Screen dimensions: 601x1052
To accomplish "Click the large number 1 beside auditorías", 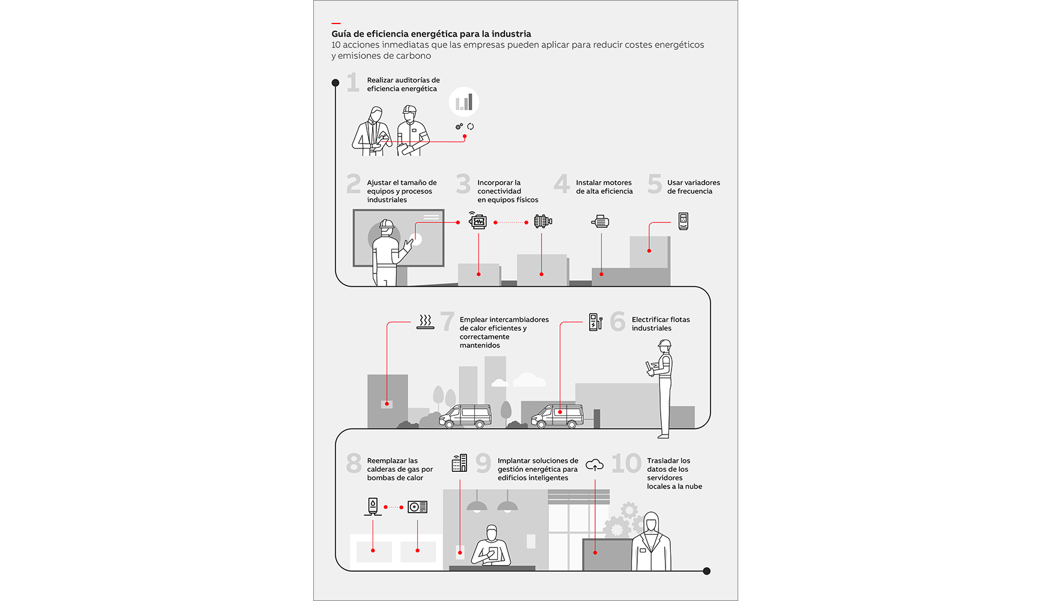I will coord(353,82).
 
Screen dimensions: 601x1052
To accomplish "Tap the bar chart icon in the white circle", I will coord(464,102).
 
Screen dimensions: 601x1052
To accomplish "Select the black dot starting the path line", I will coord(335,83).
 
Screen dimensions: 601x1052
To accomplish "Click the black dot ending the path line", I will coord(706,571).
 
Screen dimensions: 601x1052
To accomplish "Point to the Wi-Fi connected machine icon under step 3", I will coord(478,221).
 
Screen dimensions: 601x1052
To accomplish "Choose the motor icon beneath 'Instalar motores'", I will coord(601,222).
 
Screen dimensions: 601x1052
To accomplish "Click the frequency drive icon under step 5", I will coord(683,221).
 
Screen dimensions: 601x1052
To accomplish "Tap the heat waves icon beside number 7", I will coord(426,321).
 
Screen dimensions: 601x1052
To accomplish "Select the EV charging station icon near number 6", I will coord(595,322).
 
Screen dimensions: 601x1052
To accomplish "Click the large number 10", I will coord(626,463).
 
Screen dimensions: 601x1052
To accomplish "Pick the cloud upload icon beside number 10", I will coord(595,465).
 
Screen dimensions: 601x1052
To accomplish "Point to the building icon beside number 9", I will coord(459,463).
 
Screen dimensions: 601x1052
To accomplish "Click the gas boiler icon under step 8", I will coord(373,506).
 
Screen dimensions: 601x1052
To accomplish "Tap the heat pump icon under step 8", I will coord(417,507).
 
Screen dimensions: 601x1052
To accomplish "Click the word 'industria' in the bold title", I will coord(511,34).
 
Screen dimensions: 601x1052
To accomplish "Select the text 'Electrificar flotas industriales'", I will coord(660,324).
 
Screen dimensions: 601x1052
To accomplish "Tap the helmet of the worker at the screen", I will coord(387,225).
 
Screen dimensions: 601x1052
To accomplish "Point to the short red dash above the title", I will coord(336,23).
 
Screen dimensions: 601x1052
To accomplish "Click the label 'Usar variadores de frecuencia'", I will coord(693,187).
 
